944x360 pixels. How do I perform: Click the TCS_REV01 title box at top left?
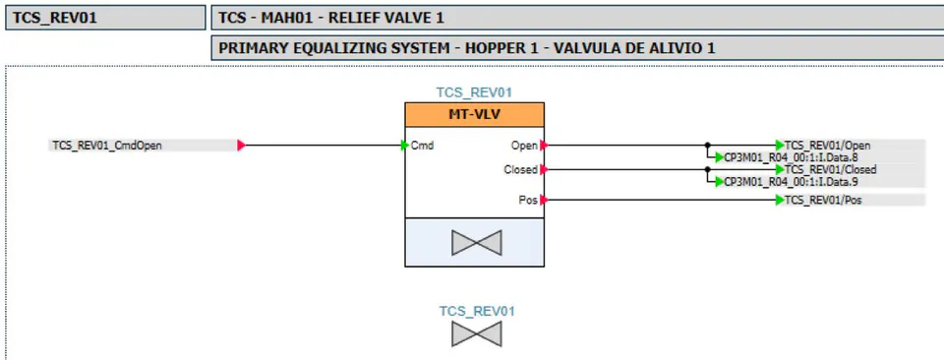(x=105, y=18)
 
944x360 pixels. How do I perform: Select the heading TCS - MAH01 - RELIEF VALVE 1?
(x=331, y=18)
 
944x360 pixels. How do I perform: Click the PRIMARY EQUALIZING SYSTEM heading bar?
(x=577, y=48)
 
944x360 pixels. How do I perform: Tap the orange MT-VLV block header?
(x=474, y=114)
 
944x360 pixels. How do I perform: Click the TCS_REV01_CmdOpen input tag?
(x=107, y=146)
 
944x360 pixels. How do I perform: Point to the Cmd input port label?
(x=422, y=146)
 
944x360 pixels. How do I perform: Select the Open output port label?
(x=524, y=146)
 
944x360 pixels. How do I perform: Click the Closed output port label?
(x=520, y=170)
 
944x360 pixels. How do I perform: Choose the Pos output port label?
(x=528, y=200)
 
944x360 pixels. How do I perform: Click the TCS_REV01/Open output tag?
(x=827, y=146)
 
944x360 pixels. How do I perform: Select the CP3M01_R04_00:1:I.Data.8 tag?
(x=791, y=157)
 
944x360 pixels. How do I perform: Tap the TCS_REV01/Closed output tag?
(x=830, y=170)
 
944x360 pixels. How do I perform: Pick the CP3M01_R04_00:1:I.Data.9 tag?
(x=791, y=181)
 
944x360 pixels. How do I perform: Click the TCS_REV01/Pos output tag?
(x=823, y=200)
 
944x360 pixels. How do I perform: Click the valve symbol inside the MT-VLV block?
(x=476, y=243)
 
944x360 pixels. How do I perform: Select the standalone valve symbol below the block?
(x=476, y=334)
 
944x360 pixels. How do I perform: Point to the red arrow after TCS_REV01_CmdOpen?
(x=242, y=146)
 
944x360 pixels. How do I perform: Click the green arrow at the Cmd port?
(x=405, y=146)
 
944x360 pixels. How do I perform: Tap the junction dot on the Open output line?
(x=707, y=146)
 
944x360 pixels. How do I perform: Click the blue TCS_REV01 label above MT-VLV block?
(x=474, y=92)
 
